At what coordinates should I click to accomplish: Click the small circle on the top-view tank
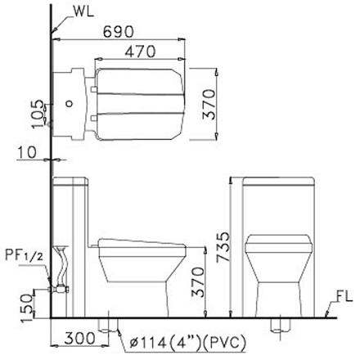(70, 105)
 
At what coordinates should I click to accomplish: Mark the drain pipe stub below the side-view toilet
(106, 323)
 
